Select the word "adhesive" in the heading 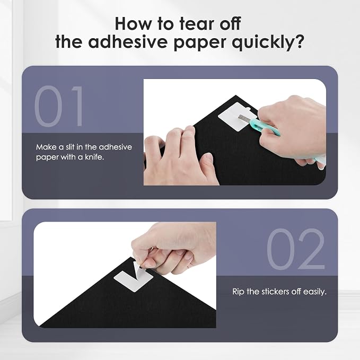point(127,41)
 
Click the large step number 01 point(59,106)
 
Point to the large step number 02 point(295,249)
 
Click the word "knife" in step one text point(94,157)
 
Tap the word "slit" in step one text point(70,147)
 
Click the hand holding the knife point(294,128)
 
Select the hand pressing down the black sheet point(179,156)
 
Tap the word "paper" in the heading point(199,43)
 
